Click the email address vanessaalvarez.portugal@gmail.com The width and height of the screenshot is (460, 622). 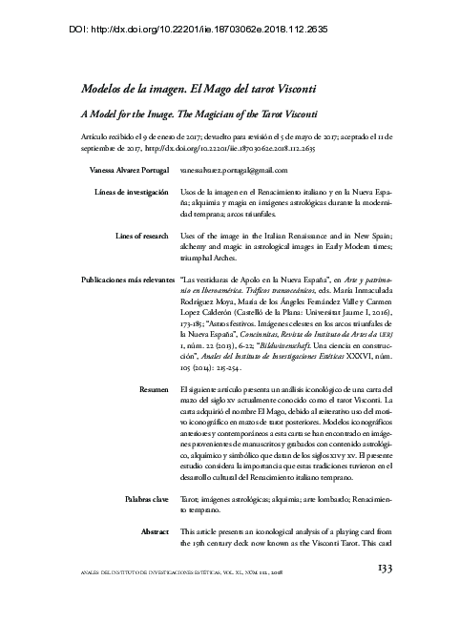[234, 169]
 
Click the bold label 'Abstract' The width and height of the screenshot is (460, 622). [155, 529]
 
